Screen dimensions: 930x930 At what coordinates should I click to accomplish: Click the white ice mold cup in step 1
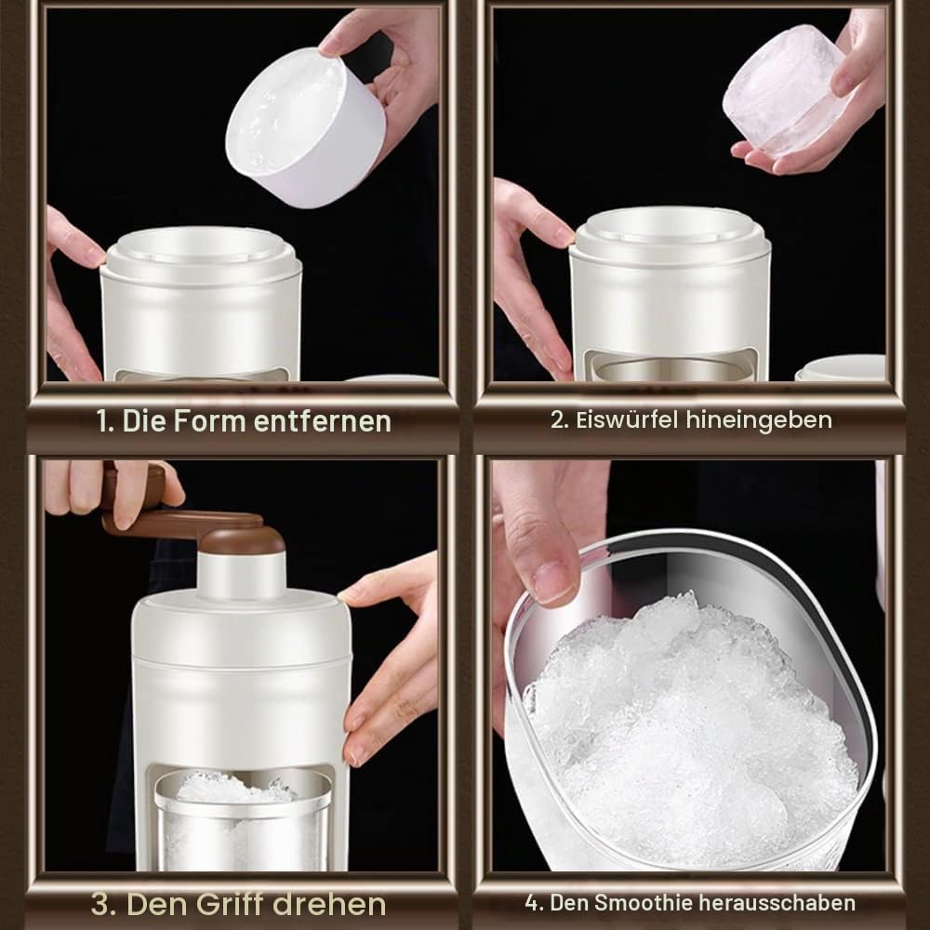tap(305, 127)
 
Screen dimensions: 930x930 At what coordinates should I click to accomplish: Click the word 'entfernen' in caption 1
tap(323, 421)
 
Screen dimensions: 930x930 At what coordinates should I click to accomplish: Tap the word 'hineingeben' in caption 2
tap(759, 420)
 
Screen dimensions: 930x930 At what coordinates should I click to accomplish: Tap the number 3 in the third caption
tap(101, 905)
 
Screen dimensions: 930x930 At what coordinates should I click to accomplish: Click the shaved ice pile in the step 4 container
tap(691, 729)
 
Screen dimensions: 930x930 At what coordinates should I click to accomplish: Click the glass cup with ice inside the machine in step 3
tap(243, 818)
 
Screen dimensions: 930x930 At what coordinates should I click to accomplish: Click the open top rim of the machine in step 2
tap(671, 233)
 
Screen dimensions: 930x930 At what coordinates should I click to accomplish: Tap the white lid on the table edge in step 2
tap(841, 367)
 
